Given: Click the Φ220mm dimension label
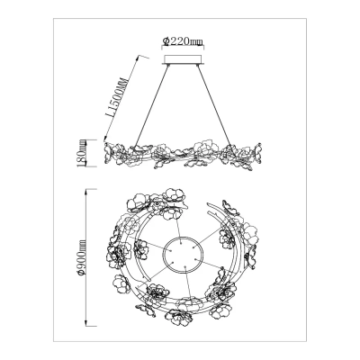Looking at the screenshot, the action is coord(182,40).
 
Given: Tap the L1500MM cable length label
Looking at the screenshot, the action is coord(116,98).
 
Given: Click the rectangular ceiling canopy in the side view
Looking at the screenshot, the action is coord(183,59).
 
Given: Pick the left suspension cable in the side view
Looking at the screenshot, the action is coord(152,105).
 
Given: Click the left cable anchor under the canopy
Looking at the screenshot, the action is coord(168,65).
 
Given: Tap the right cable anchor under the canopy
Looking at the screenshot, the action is coord(197,65).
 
